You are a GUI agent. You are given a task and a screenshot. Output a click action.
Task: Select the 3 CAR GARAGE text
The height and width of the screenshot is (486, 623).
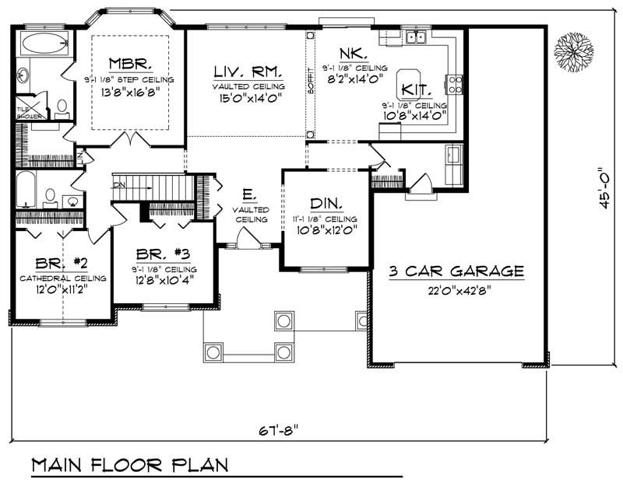click(456, 271)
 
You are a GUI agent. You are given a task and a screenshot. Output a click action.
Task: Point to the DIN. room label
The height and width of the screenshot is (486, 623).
click(326, 204)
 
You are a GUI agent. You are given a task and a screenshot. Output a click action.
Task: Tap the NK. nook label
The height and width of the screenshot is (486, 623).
click(347, 54)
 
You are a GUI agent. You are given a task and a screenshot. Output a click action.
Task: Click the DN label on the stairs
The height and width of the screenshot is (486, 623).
click(118, 185)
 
